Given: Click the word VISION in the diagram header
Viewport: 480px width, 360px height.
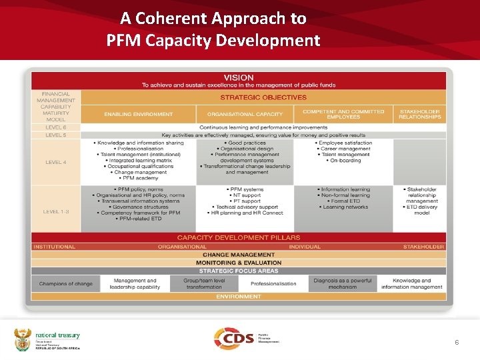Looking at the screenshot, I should [x=238, y=78].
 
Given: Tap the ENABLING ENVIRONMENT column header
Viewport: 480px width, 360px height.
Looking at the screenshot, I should [x=138, y=114].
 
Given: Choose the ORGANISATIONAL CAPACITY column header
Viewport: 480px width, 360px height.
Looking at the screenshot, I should [x=245, y=114].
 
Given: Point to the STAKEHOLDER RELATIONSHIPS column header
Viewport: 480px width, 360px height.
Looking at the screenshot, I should [x=420, y=114].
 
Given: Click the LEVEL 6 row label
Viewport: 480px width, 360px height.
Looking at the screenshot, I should [x=55, y=127].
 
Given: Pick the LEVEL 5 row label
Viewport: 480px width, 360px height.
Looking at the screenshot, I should [x=55, y=135].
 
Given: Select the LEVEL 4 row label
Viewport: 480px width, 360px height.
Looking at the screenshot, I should [x=55, y=162].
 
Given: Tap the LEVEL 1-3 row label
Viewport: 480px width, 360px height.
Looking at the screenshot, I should [x=56, y=211].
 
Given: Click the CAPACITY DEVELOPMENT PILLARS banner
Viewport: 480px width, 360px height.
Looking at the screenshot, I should [x=238, y=237].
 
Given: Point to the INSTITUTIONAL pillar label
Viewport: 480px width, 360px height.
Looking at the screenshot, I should [x=55, y=247].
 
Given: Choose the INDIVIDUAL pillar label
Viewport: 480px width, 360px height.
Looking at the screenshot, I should [x=305, y=247].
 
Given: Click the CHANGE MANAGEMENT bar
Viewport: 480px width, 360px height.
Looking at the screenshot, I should [x=238, y=255].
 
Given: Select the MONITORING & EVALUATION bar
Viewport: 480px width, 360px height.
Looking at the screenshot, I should [x=238, y=263].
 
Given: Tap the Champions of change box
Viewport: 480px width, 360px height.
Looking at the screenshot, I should [x=66, y=284].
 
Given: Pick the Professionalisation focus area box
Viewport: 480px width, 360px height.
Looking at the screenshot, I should [x=273, y=284].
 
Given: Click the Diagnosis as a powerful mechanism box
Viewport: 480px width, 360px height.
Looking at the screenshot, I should [x=343, y=284].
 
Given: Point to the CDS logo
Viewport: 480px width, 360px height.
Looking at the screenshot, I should [x=233, y=337].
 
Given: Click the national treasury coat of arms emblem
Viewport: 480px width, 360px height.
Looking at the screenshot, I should [x=23, y=339].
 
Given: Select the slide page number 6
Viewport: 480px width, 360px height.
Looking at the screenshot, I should [x=457, y=342].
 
